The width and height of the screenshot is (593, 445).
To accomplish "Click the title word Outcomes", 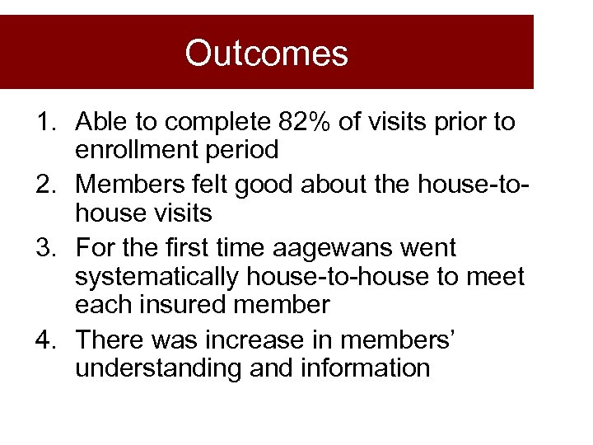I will coord(266,54).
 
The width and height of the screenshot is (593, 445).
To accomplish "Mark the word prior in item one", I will coord(457,122).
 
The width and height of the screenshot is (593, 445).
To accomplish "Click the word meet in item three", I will coord(494,277).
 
